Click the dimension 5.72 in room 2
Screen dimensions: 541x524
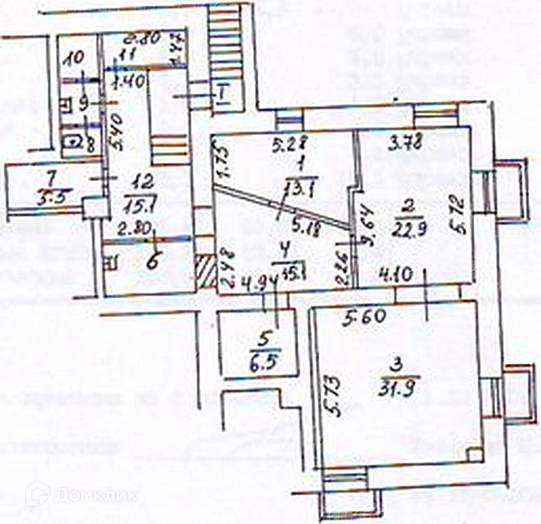tap(460, 214)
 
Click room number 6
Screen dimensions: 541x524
tap(154, 260)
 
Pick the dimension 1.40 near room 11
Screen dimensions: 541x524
tap(127, 85)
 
